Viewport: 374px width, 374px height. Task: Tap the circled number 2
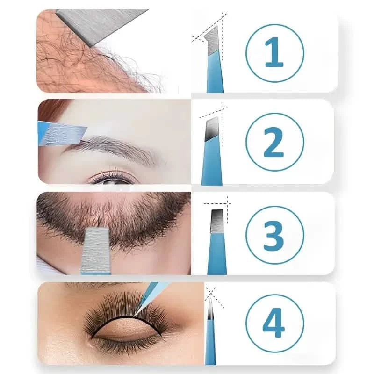coord(274,142)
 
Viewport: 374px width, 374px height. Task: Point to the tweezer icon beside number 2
coord(209,150)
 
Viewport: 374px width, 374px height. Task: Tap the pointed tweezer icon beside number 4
coord(210,327)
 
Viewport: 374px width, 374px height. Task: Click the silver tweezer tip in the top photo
coord(98,26)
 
